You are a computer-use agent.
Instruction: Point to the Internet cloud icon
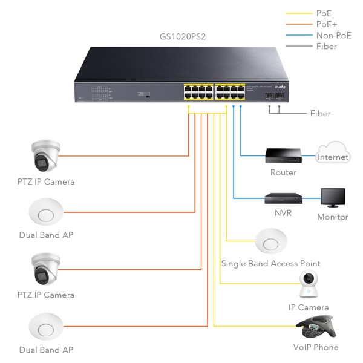[333, 153]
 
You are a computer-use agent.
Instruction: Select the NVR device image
[283, 197]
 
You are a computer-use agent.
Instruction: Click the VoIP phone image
[316, 330]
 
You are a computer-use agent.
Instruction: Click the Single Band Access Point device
[270, 242]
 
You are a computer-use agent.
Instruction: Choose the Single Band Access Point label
[270, 264]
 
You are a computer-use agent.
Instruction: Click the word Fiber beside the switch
[320, 113]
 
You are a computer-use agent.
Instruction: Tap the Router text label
[283, 172]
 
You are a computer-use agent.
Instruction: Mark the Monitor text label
[333, 217]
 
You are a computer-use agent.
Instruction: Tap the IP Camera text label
[309, 307]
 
